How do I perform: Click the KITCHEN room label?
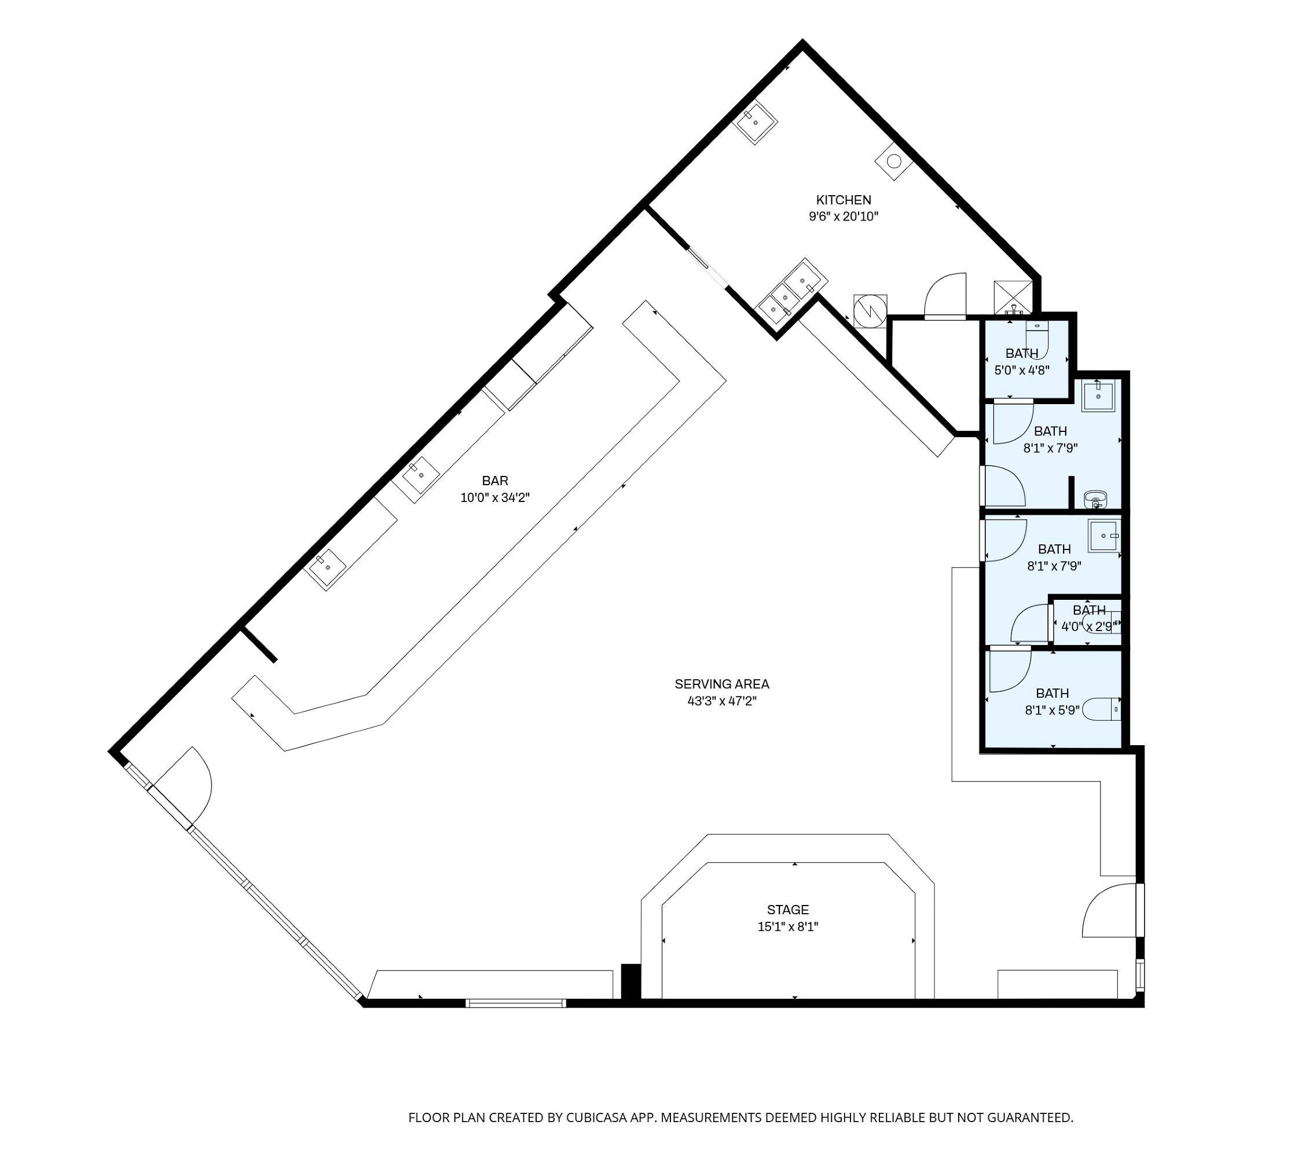[x=844, y=200]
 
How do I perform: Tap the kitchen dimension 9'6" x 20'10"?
[x=844, y=217]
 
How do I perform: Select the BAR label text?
[x=495, y=481]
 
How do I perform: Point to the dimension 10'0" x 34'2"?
[x=495, y=497]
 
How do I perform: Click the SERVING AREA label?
[x=722, y=684]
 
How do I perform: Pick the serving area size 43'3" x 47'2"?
[x=722, y=701]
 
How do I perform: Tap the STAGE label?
[x=788, y=910]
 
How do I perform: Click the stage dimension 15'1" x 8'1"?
[x=788, y=927]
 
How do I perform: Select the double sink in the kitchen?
[x=791, y=295]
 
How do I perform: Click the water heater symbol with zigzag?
[x=870, y=310]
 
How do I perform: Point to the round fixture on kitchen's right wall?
[x=893, y=161]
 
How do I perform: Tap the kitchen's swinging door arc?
[x=945, y=296]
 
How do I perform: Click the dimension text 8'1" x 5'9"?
[x=1053, y=710]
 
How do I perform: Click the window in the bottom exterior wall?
[x=515, y=1003]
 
